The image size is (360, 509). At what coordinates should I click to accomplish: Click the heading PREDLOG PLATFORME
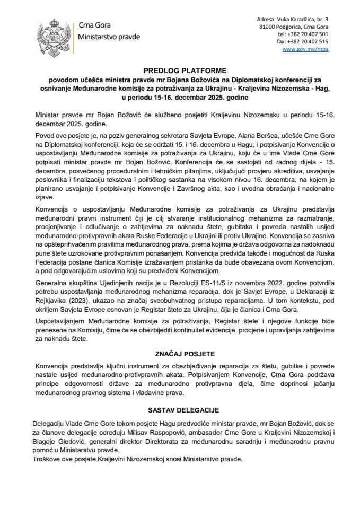pos(180,70)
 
